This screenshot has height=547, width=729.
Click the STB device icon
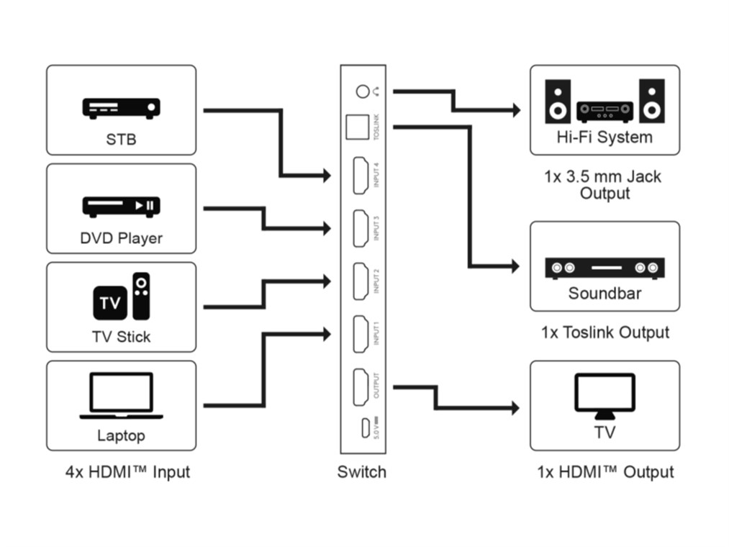point(121,108)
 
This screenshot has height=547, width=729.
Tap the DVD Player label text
point(121,238)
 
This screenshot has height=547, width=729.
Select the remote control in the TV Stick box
point(142,295)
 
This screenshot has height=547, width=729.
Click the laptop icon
point(121,395)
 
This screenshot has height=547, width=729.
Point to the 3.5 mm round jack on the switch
point(363,91)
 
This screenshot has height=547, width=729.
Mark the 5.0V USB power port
point(366,429)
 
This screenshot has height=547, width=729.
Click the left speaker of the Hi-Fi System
point(558,101)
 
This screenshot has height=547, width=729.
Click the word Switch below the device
point(361,473)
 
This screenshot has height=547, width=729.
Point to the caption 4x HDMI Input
point(127,473)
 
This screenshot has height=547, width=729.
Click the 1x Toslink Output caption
point(605,333)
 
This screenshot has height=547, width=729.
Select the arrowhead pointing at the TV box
point(513,408)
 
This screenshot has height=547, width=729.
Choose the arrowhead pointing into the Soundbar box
point(513,266)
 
